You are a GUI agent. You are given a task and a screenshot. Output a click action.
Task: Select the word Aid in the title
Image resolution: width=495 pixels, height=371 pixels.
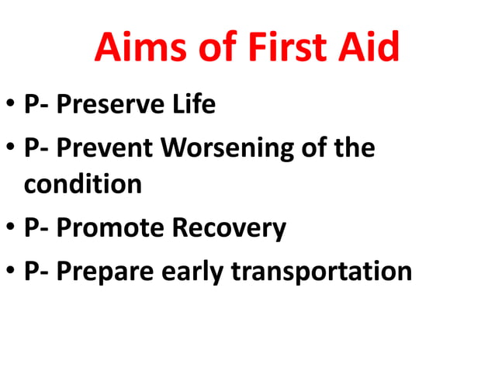pyautogui.click(x=371, y=49)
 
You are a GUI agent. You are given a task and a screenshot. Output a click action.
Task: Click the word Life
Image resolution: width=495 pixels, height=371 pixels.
pyautogui.click(x=191, y=105)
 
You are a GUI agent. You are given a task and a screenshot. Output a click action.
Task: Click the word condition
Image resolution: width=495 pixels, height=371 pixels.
pyautogui.click(x=83, y=184)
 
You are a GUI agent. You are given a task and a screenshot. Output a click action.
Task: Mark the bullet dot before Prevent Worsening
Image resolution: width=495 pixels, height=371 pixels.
pyautogui.click(x=11, y=148)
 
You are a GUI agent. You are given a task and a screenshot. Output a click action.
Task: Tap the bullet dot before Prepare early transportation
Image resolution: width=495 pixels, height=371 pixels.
pyautogui.click(x=11, y=272)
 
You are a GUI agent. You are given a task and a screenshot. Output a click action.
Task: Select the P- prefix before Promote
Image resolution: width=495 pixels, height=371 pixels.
pyautogui.click(x=35, y=228)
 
